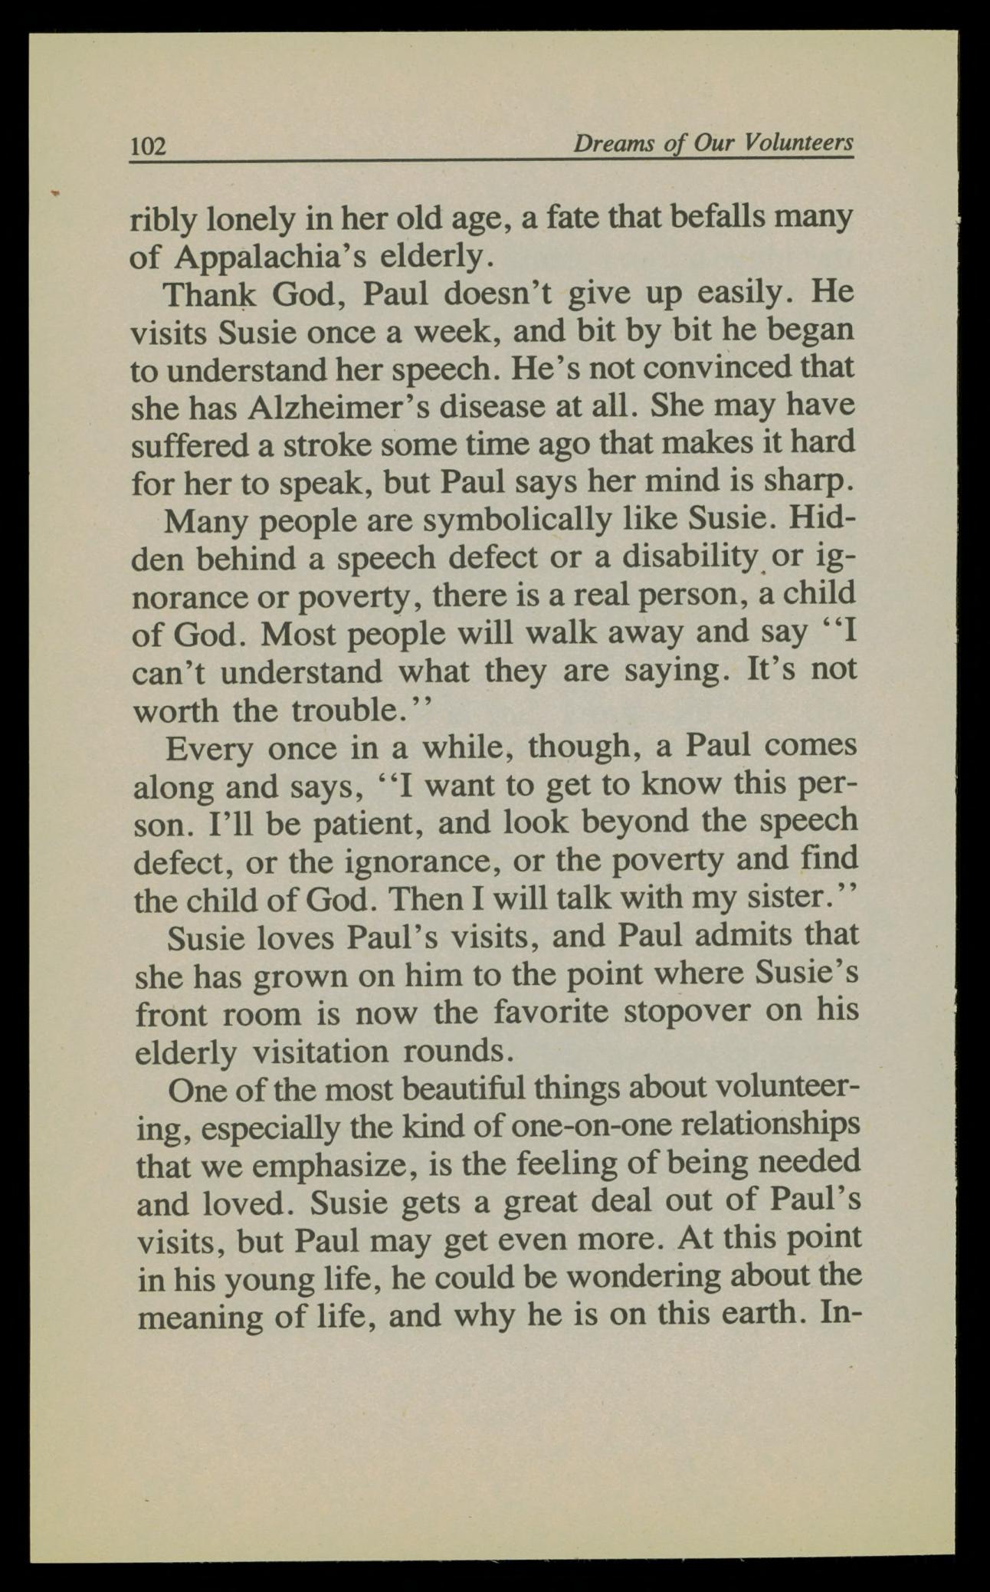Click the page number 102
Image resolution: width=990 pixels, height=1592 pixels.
[149, 146]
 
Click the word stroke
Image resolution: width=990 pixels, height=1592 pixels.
[318, 445]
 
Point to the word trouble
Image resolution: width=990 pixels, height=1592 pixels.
[348, 710]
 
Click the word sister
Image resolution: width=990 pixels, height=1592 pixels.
[788, 898]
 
